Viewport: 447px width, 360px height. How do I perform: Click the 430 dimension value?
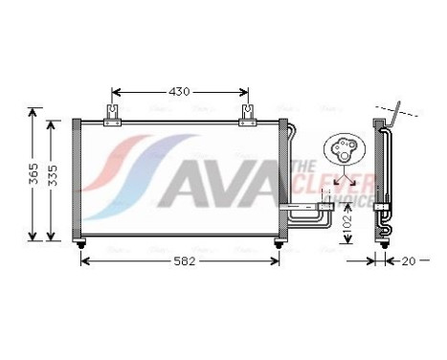coord(180,92)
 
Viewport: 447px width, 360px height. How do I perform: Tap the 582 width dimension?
coord(181,260)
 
